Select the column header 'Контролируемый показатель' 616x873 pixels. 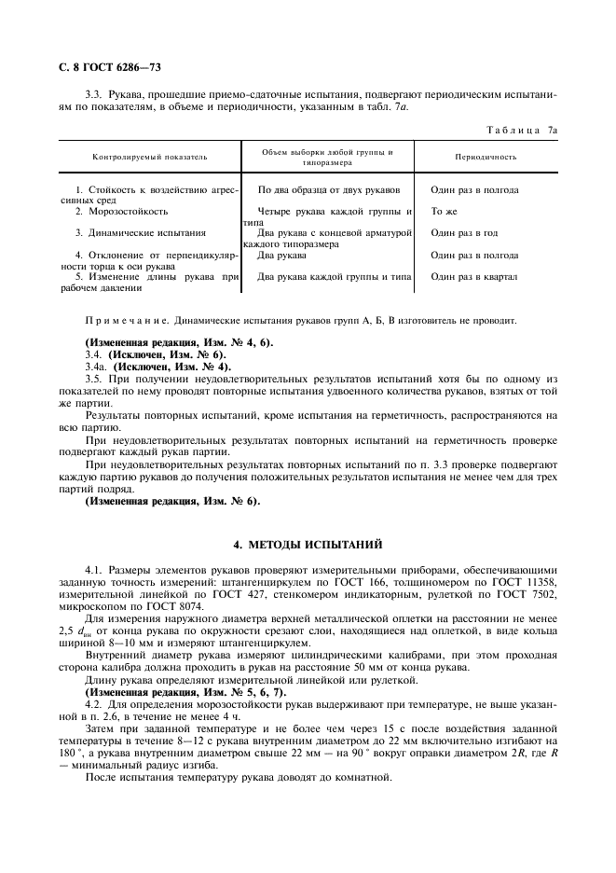[149, 157]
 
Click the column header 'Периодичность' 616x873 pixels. [486, 157]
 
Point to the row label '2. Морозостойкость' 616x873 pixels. [121, 212]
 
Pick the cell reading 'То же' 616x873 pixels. [444, 212]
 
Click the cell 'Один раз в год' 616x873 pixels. [464, 233]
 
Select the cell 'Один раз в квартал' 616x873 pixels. [473, 277]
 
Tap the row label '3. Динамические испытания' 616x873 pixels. [140, 233]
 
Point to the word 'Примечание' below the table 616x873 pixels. [126, 320]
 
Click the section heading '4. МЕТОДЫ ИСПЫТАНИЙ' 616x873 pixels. [307, 545]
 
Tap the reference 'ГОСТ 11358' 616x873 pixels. [527, 583]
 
